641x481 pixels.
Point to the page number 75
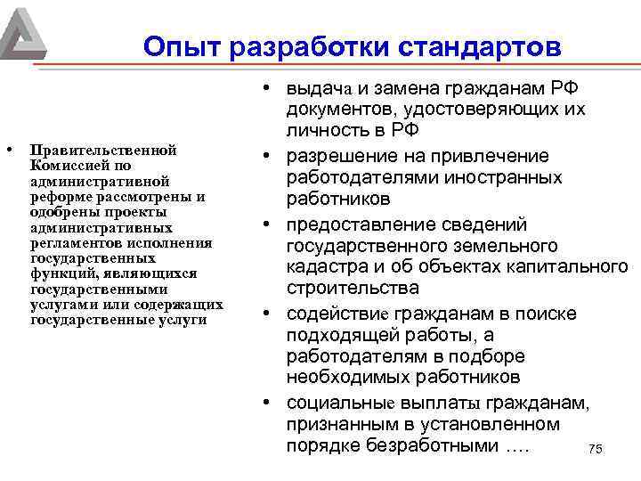(x=596, y=450)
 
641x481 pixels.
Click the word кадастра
(x=321, y=267)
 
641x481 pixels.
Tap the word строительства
(x=353, y=289)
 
